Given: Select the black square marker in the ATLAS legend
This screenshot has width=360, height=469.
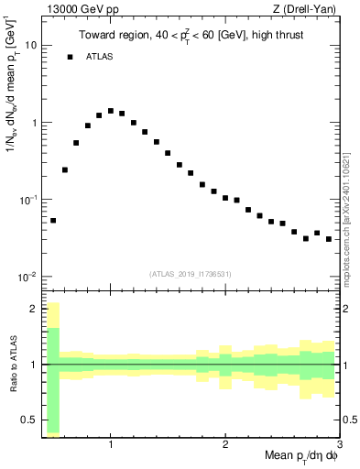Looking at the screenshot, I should pos(70,57).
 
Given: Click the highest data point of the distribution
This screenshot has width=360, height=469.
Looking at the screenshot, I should pos(111,111).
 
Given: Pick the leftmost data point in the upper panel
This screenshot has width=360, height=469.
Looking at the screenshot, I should pos(53,220).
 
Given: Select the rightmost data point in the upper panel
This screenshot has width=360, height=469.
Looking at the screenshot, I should pos(329,239).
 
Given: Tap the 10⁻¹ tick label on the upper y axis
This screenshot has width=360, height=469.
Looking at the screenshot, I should pos(28,199).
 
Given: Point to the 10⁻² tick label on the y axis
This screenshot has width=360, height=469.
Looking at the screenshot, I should pos(28,277).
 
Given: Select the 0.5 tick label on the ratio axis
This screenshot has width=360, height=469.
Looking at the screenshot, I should pos(29,420).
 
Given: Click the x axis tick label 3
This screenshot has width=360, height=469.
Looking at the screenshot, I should pos(340,443).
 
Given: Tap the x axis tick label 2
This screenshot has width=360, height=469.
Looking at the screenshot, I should pos(225,443).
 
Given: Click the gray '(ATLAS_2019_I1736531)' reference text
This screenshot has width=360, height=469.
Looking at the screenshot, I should pos(191,273).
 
